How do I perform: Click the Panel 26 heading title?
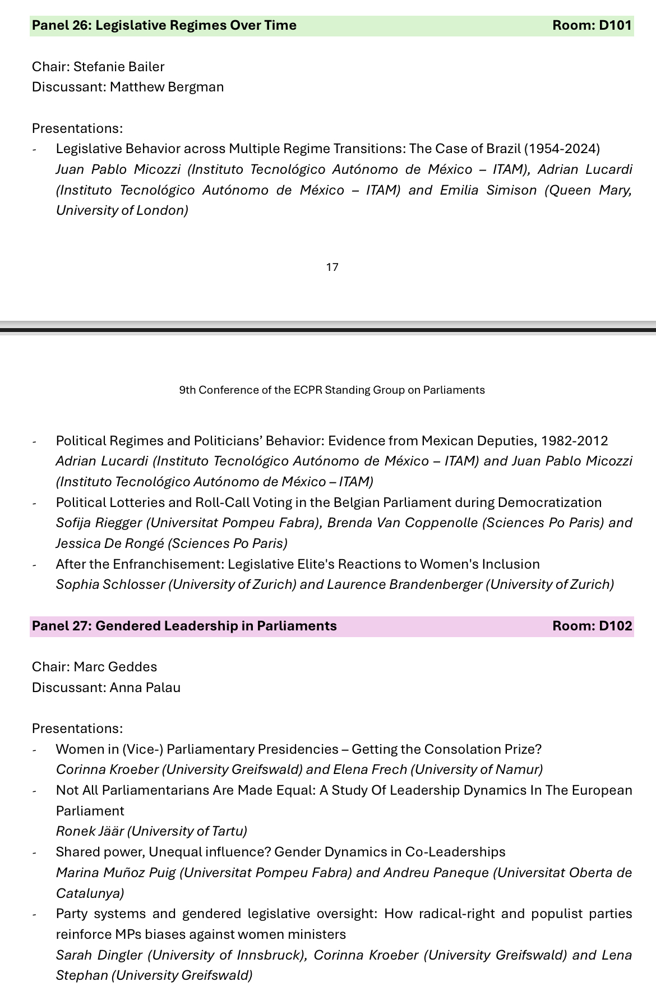(x=164, y=25)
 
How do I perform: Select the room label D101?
(x=592, y=25)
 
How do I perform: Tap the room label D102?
(x=592, y=626)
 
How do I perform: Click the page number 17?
(x=332, y=267)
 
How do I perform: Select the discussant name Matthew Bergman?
(x=167, y=87)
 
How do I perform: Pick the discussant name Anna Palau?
(x=145, y=688)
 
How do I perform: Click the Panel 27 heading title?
(x=184, y=626)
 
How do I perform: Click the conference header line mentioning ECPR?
(x=332, y=390)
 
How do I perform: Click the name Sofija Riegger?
(x=99, y=523)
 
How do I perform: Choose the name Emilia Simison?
(x=488, y=190)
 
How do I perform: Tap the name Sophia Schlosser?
(x=110, y=584)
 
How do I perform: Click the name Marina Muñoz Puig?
(x=116, y=873)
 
